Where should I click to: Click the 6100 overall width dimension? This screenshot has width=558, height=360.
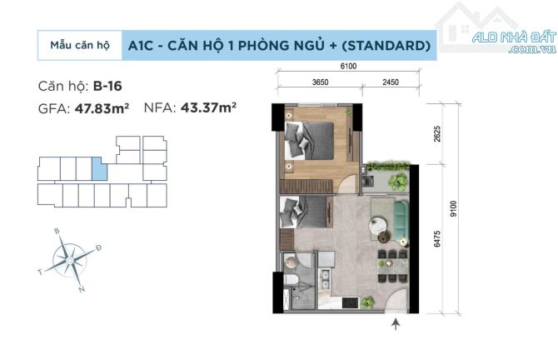[x=348, y=66]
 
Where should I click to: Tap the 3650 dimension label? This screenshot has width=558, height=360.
[x=321, y=82]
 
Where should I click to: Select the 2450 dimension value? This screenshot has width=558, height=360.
[x=391, y=82]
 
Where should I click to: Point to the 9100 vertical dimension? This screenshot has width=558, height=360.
[x=453, y=208]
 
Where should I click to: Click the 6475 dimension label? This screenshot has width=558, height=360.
[x=437, y=238]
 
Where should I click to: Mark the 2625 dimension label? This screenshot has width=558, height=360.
[x=437, y=134]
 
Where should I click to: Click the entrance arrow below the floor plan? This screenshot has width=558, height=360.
[x=396, y=324]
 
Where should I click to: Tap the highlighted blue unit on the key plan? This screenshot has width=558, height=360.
[x=99, y=168]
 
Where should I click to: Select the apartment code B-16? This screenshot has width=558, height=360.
[x=107, y=86]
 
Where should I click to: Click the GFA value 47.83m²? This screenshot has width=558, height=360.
[x=102, y=108]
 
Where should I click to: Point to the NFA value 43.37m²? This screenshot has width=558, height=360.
[x=208, y=107]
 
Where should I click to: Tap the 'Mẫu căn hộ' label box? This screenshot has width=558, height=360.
[x=80, y=45]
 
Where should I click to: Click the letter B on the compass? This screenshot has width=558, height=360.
[x=57, y=231]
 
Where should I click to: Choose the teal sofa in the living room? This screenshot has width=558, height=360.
[x=401, y=219]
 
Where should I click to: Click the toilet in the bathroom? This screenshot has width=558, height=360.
[x=290, y=280]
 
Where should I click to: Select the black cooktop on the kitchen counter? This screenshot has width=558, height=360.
[x=351, y=302]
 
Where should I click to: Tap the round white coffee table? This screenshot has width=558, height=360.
[x=378, y=225]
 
